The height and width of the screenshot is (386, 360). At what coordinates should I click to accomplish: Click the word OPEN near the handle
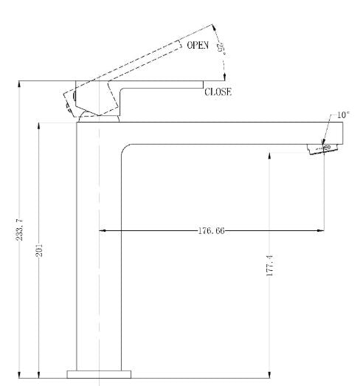coord(198,46)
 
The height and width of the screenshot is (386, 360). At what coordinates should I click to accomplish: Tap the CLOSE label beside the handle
coord(218,92)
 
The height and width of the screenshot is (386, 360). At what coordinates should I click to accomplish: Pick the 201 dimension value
coord(40,251)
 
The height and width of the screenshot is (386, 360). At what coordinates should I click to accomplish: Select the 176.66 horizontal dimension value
coord(211,231)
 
